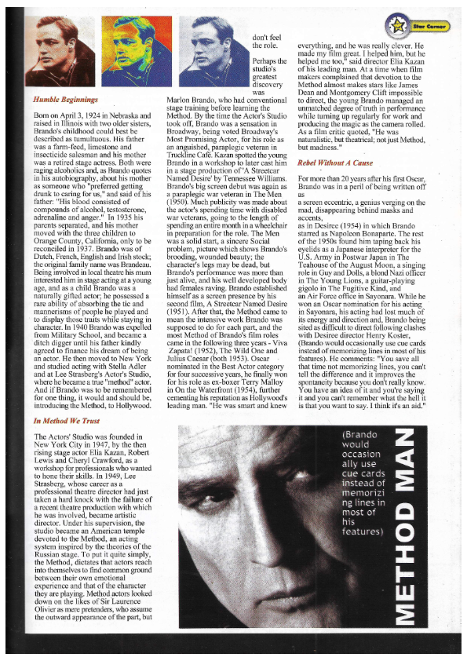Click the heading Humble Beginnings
click(65, 100)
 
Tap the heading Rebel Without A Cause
click(335, 163)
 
